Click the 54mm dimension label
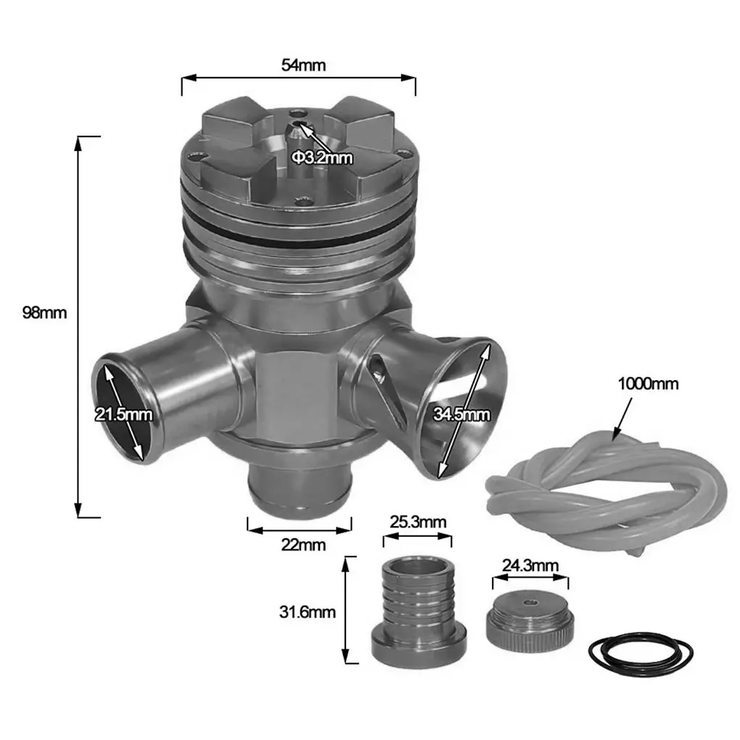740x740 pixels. pyautogui.click(x=303, y=65)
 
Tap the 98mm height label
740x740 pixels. pyautogui.click(x=44, y=313)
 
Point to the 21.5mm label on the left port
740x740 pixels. pyautogui.click(x=123, y=414)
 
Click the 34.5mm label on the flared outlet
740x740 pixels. pyautogui.click(x=461, y=414)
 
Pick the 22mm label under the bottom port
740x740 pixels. pyautogui.click(x=303, y=545)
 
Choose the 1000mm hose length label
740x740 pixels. pyautogui.click(x=648, y=384)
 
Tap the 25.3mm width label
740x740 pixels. pyautogui.click(x=418, y=522)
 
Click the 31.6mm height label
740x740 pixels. pyautogui.click(x=307, y=612)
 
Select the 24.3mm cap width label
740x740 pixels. pyautogui.click(x=530, y=565)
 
